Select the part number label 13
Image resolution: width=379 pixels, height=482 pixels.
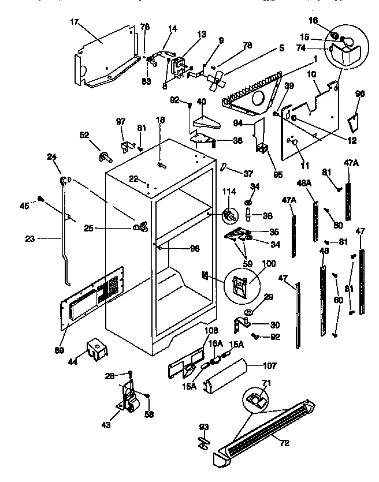pyautogui.click(x=201, y=35)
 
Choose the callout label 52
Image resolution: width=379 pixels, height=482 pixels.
pyautogui.click(x=84, y=135)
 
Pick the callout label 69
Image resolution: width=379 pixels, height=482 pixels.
pyautogui.click(x=60, y=350)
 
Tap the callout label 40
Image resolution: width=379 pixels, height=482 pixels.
pyautogui.click(x=202, y=102)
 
